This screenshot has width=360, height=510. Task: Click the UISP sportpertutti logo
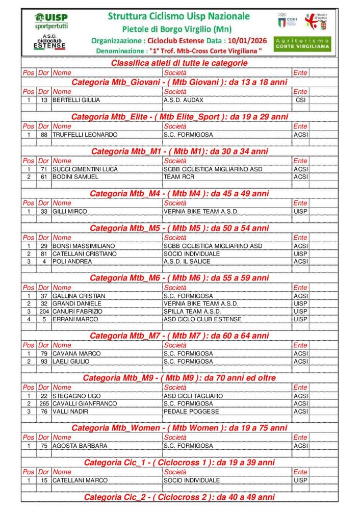[50, 21]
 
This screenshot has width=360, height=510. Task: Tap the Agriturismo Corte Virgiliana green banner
[302, 43]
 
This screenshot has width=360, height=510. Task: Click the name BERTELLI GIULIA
[76, 100]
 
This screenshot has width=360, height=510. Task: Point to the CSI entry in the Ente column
[300, 100]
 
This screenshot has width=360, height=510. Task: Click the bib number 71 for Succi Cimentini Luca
[44, 169]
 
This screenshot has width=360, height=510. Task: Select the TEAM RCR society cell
[178, 177]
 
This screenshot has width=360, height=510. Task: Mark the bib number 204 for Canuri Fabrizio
[43, 311]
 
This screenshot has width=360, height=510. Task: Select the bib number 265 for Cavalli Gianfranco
[43, 403]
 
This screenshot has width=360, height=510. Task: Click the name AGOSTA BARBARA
[80, 446]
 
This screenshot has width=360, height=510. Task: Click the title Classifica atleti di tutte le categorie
[179, 63]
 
